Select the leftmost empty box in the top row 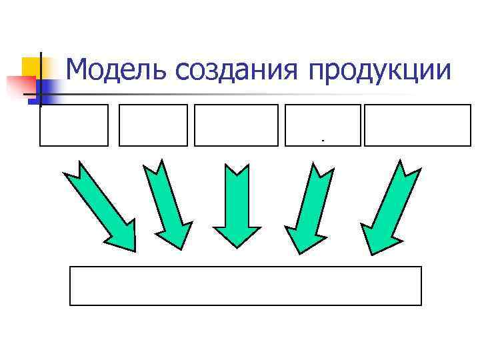(x=74, y=125)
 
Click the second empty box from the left (x=153, y=125)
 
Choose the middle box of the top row (x=236, y=125)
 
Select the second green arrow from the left (x=166, y=203)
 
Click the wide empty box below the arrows (x=245, y=286)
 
